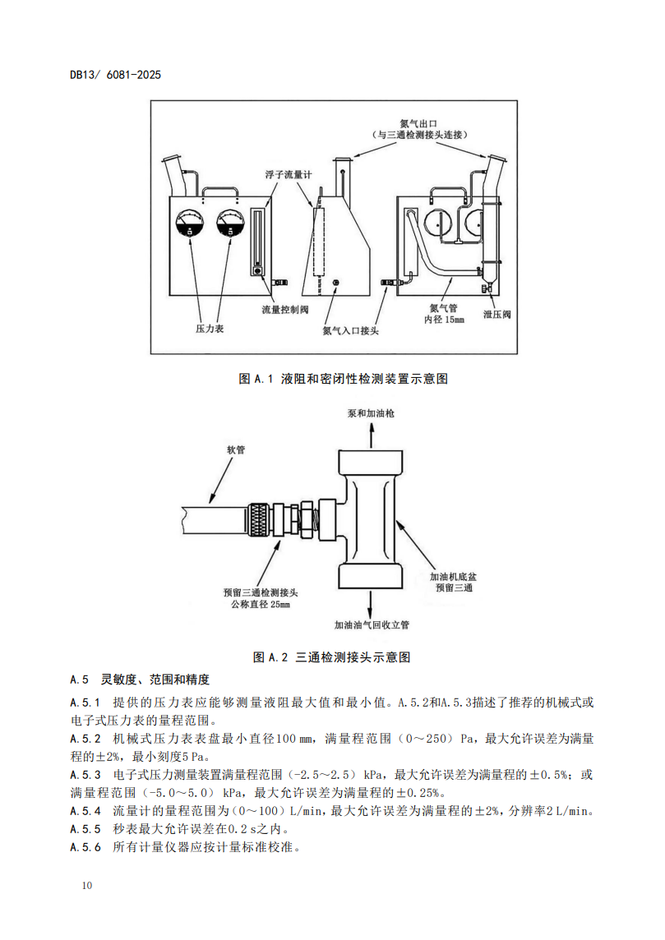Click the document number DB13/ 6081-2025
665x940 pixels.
point(116,75)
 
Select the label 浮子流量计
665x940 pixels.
point(289,174)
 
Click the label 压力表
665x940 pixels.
point(210,329)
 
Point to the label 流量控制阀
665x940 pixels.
point(285,309)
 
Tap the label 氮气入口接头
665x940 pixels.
point(351,330)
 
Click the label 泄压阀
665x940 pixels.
point(497,314)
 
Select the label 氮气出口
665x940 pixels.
point(418,123)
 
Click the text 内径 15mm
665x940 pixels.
point(445,320)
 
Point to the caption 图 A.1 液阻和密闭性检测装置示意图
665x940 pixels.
point(343,379)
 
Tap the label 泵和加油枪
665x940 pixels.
point(371,413)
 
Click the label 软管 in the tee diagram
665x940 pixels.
point(236,449)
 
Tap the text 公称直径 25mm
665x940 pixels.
point(261,604)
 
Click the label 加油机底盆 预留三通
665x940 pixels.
point(453,582)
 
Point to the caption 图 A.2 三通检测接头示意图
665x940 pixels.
point(331,657)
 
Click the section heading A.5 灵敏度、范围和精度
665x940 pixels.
point(140,680)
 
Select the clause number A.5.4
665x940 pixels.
point(85,811)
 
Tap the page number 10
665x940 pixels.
point(87,886)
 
